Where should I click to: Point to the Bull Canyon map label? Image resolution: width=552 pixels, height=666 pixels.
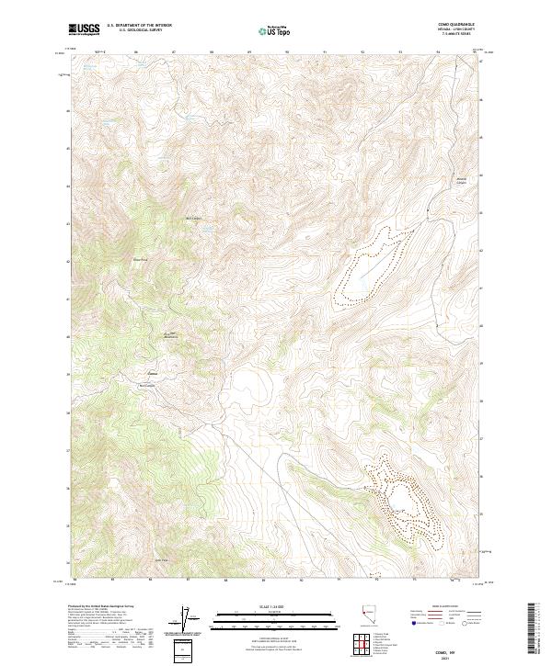coord(194,218)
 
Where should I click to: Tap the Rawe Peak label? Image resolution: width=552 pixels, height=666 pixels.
coord(141,259)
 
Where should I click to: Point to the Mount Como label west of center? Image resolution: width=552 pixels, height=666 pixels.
coord(171,334)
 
